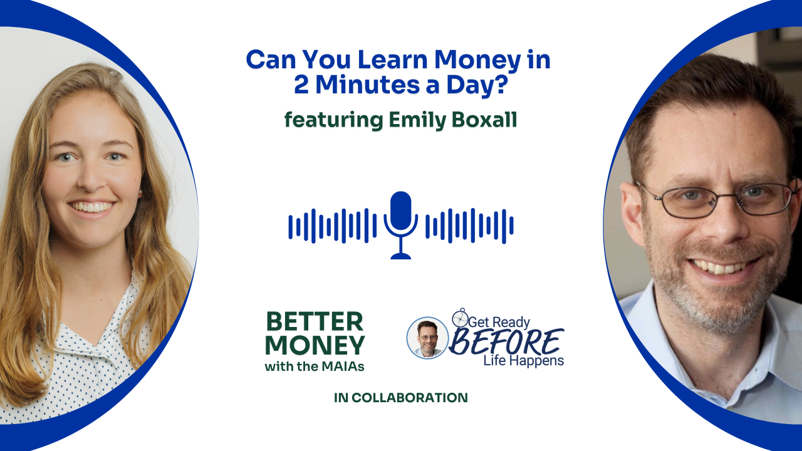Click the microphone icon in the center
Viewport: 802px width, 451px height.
[400, 225]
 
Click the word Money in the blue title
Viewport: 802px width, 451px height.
[477, 60]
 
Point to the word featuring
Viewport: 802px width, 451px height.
[334, 120]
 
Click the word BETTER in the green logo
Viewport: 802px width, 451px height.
[315, 321]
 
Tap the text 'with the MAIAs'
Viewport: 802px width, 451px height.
[315, 366]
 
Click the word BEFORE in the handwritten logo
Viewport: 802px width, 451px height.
[506, 342]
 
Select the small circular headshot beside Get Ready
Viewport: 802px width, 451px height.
[427, 338]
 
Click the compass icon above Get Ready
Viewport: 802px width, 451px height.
[461, 318]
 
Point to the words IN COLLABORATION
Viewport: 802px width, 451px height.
[400, 398]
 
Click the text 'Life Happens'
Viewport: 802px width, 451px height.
[523, 361]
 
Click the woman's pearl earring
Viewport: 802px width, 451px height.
[140, 192]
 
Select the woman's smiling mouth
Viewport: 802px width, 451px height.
[91, 207]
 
